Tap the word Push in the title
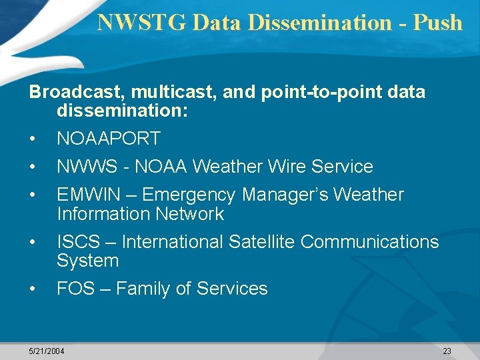click(x=437, y=23)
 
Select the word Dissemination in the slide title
click(x=321, y=23)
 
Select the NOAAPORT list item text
click(x=109, y=139)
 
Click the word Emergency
click(x=189, y=195)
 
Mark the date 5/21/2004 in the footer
click(x=47, y=351)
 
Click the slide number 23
click(x=447, y=351)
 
